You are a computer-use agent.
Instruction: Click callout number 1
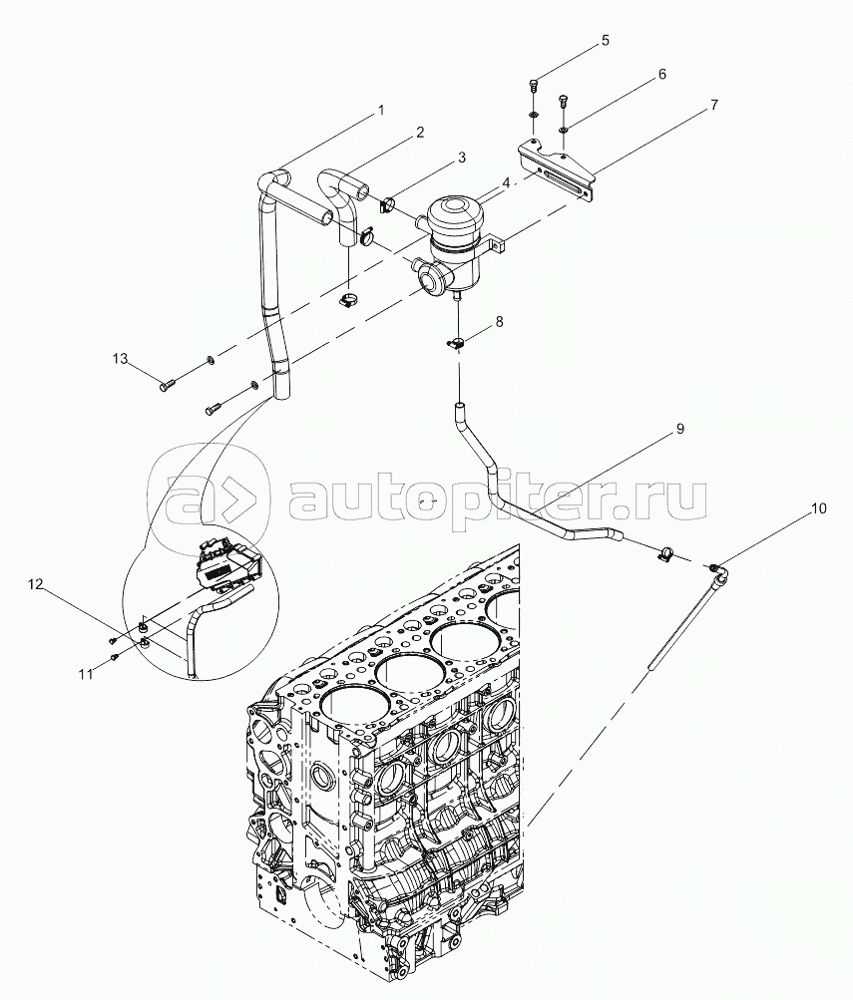point(380,111)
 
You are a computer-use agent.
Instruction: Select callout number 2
point(420,132)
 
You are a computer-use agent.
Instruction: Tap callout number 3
point(461,157)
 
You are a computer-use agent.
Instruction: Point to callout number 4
point(506,182)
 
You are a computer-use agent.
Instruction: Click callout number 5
point(604,41)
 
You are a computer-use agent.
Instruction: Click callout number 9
point(678,428)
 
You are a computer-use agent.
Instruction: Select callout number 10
point(818,508)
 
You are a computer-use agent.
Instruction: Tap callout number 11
point(86,674)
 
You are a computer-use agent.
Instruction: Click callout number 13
point(120,358)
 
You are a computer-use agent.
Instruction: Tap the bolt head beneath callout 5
point(535,85)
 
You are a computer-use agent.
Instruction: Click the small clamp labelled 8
point(457,342)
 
